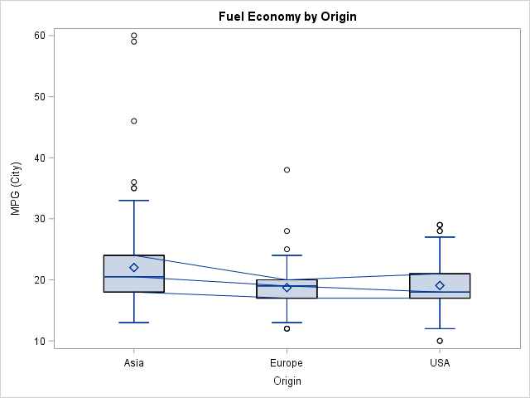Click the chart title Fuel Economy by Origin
click(x=287, y=16)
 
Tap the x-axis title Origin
click(x=287, y=381)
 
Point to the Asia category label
click(x=134, y=363)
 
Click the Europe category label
click(x=287, y=363)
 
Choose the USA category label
click(x=440, y=363)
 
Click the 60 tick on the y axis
click(x=39, y=36)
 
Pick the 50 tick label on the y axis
click(x=39, y=97)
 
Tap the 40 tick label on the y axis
click(x=39, y=158)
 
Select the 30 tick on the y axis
click(x=39, y=219)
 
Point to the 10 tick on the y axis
click(x=39, y=341)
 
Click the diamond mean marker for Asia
click(x=134, y=268)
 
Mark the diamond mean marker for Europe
click(x=287, y=287)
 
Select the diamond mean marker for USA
click(x=440, y=285)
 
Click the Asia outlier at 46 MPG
click(x=134, y=121)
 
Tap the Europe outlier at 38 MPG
click(x=287, y=170)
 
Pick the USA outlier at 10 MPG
click(x=440, y=341)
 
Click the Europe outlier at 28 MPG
click(x=287, y=231)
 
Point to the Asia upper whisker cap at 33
click(x=134, y=201)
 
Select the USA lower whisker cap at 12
click(x=440, y=328)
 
